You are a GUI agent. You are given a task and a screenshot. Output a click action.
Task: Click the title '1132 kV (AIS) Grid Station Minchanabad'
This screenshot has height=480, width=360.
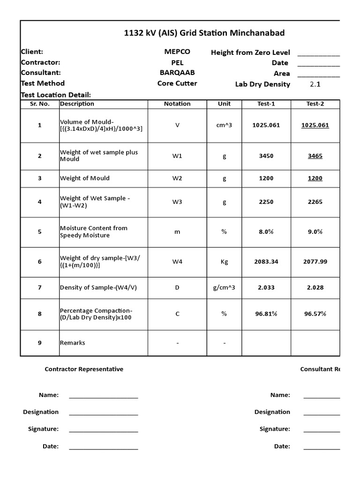point(204,33)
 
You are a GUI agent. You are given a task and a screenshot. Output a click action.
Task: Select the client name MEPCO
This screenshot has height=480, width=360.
point(177,52)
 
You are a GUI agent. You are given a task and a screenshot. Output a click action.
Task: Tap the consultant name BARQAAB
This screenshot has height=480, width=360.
point(177,73)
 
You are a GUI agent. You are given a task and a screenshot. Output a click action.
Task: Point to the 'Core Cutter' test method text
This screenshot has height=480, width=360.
point(177,83)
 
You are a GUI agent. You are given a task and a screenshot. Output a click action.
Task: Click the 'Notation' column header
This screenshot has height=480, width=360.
point(177,104)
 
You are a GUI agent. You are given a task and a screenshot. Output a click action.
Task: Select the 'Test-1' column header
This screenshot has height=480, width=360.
point(266,104)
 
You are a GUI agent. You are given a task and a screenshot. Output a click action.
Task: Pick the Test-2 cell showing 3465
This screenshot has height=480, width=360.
point(315,156)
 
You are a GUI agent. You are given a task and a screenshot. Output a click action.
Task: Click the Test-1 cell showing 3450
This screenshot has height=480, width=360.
point(266,156)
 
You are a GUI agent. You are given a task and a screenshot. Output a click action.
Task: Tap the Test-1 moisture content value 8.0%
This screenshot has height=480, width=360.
point(266,232)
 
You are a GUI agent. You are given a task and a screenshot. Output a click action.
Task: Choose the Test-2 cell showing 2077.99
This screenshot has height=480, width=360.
point(315,262)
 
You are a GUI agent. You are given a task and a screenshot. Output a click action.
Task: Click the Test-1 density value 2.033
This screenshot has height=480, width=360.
point(266,287)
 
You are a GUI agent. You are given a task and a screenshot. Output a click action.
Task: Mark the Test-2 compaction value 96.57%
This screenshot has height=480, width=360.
point(315,314)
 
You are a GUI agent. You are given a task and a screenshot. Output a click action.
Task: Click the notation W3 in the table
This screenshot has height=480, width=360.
point(177,202)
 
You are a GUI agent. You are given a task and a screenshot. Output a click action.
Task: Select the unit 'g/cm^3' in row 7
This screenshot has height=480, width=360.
point(224,287)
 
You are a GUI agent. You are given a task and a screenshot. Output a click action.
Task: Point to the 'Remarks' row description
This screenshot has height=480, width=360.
point(73,343)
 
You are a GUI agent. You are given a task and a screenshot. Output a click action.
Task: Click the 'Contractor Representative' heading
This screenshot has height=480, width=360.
point(84,369)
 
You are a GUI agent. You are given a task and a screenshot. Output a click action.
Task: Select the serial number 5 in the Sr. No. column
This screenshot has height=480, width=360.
point(40,232)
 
